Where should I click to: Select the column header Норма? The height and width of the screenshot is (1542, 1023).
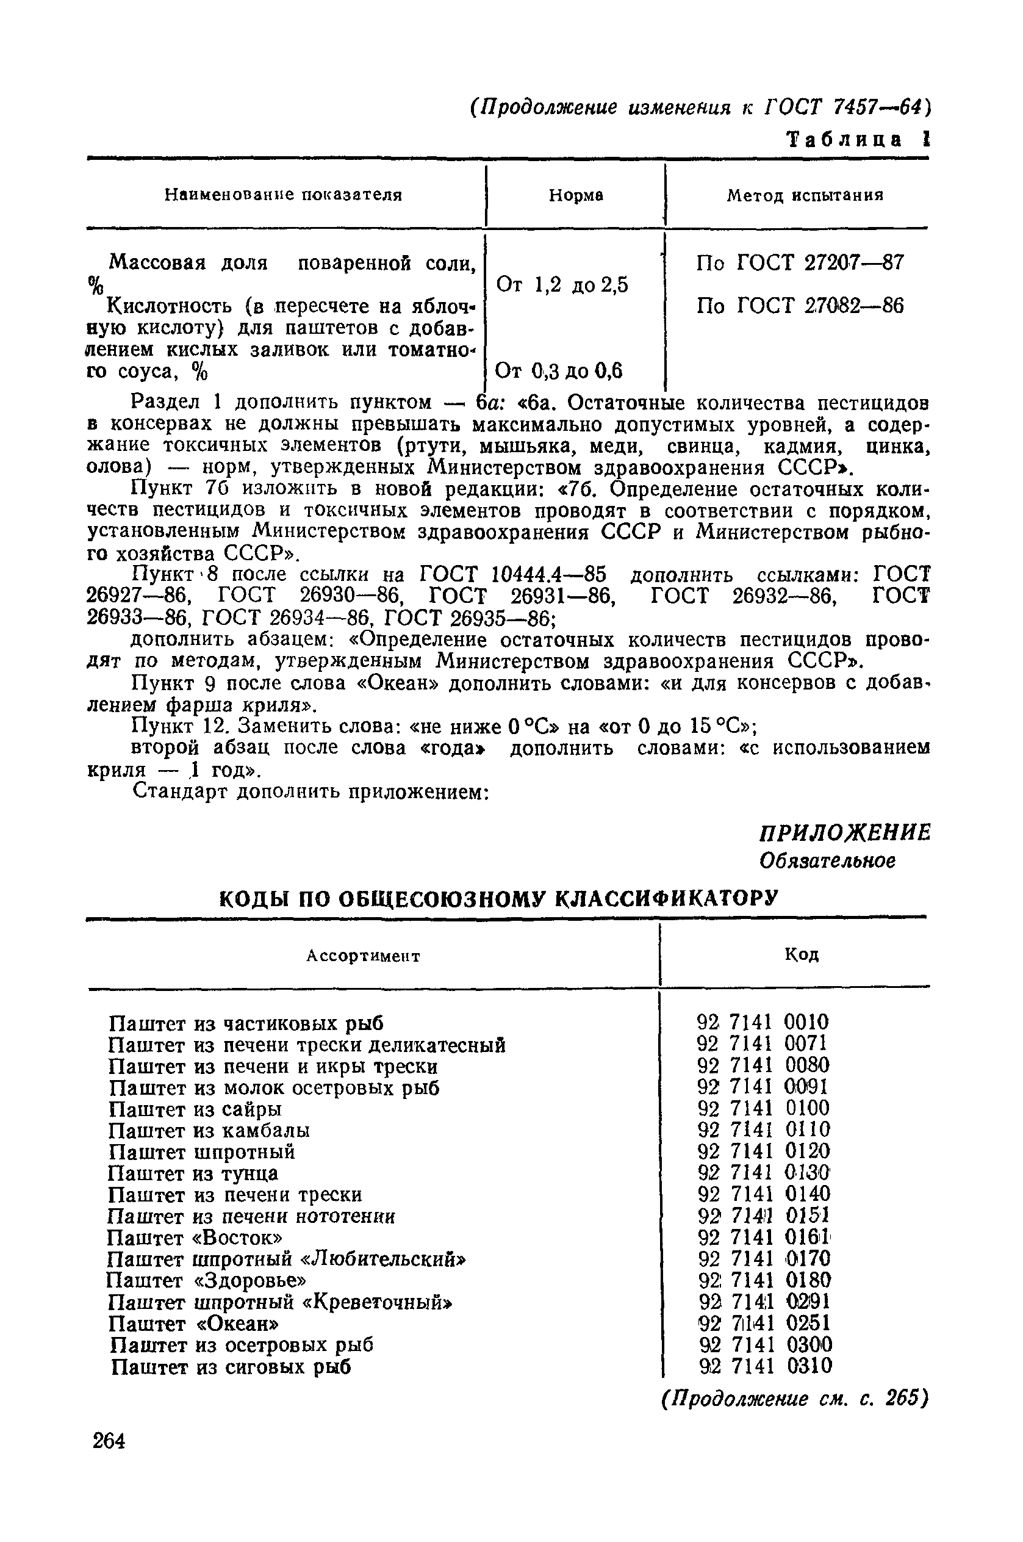point(575,195)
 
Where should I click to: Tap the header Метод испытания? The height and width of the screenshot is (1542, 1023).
point(805,195)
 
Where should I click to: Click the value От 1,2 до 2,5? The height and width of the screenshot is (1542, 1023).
point(562,284)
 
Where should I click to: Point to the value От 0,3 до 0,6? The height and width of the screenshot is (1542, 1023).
point(559,371)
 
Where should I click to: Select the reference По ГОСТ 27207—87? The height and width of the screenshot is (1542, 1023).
point(800,263)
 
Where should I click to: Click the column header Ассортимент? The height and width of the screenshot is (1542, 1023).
point(364,956)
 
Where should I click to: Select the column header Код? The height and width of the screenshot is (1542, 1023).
point(801,955)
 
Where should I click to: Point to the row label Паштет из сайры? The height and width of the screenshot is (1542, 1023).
point(195,1109)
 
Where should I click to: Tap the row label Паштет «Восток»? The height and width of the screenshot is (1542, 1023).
point(195,1238)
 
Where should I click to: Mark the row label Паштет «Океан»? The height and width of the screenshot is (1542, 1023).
point(194,1324)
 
